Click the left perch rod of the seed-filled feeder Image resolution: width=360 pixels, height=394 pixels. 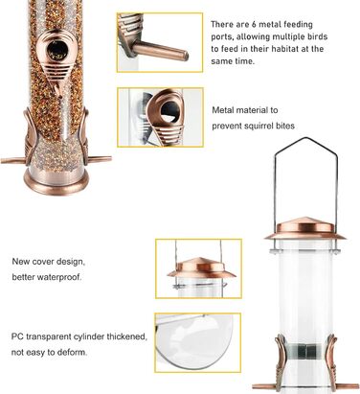pos(12,160)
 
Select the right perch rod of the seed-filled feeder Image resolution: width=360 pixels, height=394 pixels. pos(100,158)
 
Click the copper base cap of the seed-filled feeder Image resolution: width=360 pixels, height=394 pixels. pos(56,183)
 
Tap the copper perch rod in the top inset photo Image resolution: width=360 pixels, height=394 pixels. pos(160,51)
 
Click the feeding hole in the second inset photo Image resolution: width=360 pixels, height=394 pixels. pos(169,112)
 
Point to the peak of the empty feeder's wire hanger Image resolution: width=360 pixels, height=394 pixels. pos(305,138)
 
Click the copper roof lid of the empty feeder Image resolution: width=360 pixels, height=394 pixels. pos(305,229)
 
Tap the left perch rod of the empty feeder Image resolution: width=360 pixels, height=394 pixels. pos(264,385)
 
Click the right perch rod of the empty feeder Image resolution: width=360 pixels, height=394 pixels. pos(348,386)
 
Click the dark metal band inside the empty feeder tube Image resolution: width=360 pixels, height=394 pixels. pos(305,352)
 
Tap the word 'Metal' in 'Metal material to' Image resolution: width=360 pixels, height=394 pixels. pos(222,110)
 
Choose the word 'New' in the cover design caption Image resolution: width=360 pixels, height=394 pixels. pos(19,262)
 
